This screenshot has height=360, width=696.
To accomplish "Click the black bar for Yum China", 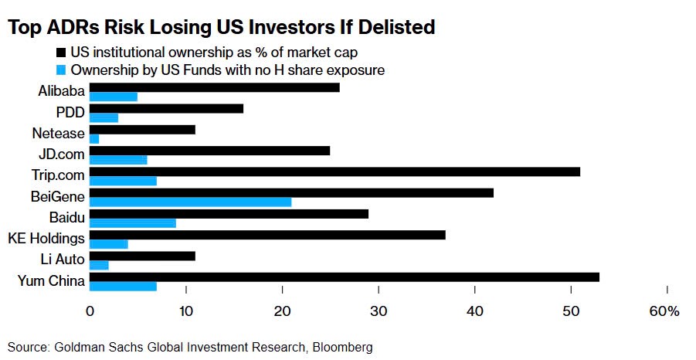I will tap(345, 277).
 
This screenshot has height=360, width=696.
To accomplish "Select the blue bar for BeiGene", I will tap(191, 202).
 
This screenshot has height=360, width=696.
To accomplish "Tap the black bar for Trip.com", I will tap(334, 172).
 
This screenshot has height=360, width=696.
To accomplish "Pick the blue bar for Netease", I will tap(94, 139).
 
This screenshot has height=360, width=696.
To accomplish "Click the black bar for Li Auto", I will tap(142, 256).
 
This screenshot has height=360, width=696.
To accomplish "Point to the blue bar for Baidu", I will tap(133, 223).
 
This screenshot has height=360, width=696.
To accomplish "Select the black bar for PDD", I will tap(167, 109).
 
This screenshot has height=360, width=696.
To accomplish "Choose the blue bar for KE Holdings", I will tap(109, 244).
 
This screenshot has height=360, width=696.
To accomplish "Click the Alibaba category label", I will tap(61, 91).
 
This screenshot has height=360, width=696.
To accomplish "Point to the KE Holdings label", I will tap(46, 237).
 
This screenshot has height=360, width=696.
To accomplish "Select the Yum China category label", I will tap(51, 280).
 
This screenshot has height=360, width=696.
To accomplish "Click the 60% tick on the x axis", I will tap(664, 312).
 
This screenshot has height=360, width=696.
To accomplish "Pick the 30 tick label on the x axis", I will tap(379, 312).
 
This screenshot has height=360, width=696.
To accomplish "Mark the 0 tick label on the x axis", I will tap(90, 312).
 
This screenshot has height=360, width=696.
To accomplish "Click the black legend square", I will tap(61, 53).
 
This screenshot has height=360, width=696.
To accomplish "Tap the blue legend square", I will tap(61, 70).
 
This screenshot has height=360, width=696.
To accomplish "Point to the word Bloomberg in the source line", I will tap(342, 347).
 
